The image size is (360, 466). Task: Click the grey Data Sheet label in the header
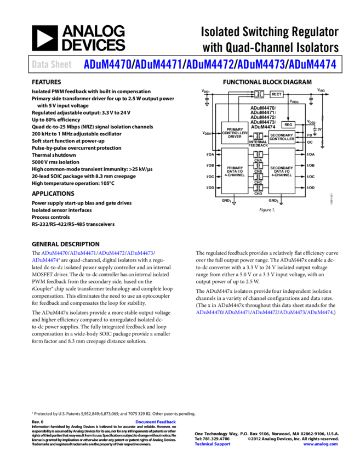point(52,65)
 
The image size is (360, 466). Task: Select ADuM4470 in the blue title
point(107,65)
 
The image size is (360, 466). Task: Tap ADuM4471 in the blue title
point(158,65)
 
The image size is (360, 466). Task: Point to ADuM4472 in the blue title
point(210,65)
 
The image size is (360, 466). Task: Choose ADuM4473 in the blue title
point(261,65)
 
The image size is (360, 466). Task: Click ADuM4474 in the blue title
point(312,65)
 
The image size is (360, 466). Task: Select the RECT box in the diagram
point(277,94)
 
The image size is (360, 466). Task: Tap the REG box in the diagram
point(288,125)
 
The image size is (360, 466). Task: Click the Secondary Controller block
point(282,137)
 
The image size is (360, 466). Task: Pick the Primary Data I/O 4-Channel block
point(235,171)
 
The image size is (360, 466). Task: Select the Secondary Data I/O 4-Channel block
point(282,171)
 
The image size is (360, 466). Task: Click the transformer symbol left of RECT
point(259,94)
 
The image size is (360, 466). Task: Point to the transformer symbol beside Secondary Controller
point(258,136)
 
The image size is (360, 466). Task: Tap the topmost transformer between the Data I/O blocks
point(258,155)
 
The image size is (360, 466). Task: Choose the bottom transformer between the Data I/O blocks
point(258,188)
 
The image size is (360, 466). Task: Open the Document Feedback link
point(156,422)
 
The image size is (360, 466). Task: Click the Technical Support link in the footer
point(213,444)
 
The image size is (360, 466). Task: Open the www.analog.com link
point(321,444)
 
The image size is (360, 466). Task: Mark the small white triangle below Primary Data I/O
point(234,203)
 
